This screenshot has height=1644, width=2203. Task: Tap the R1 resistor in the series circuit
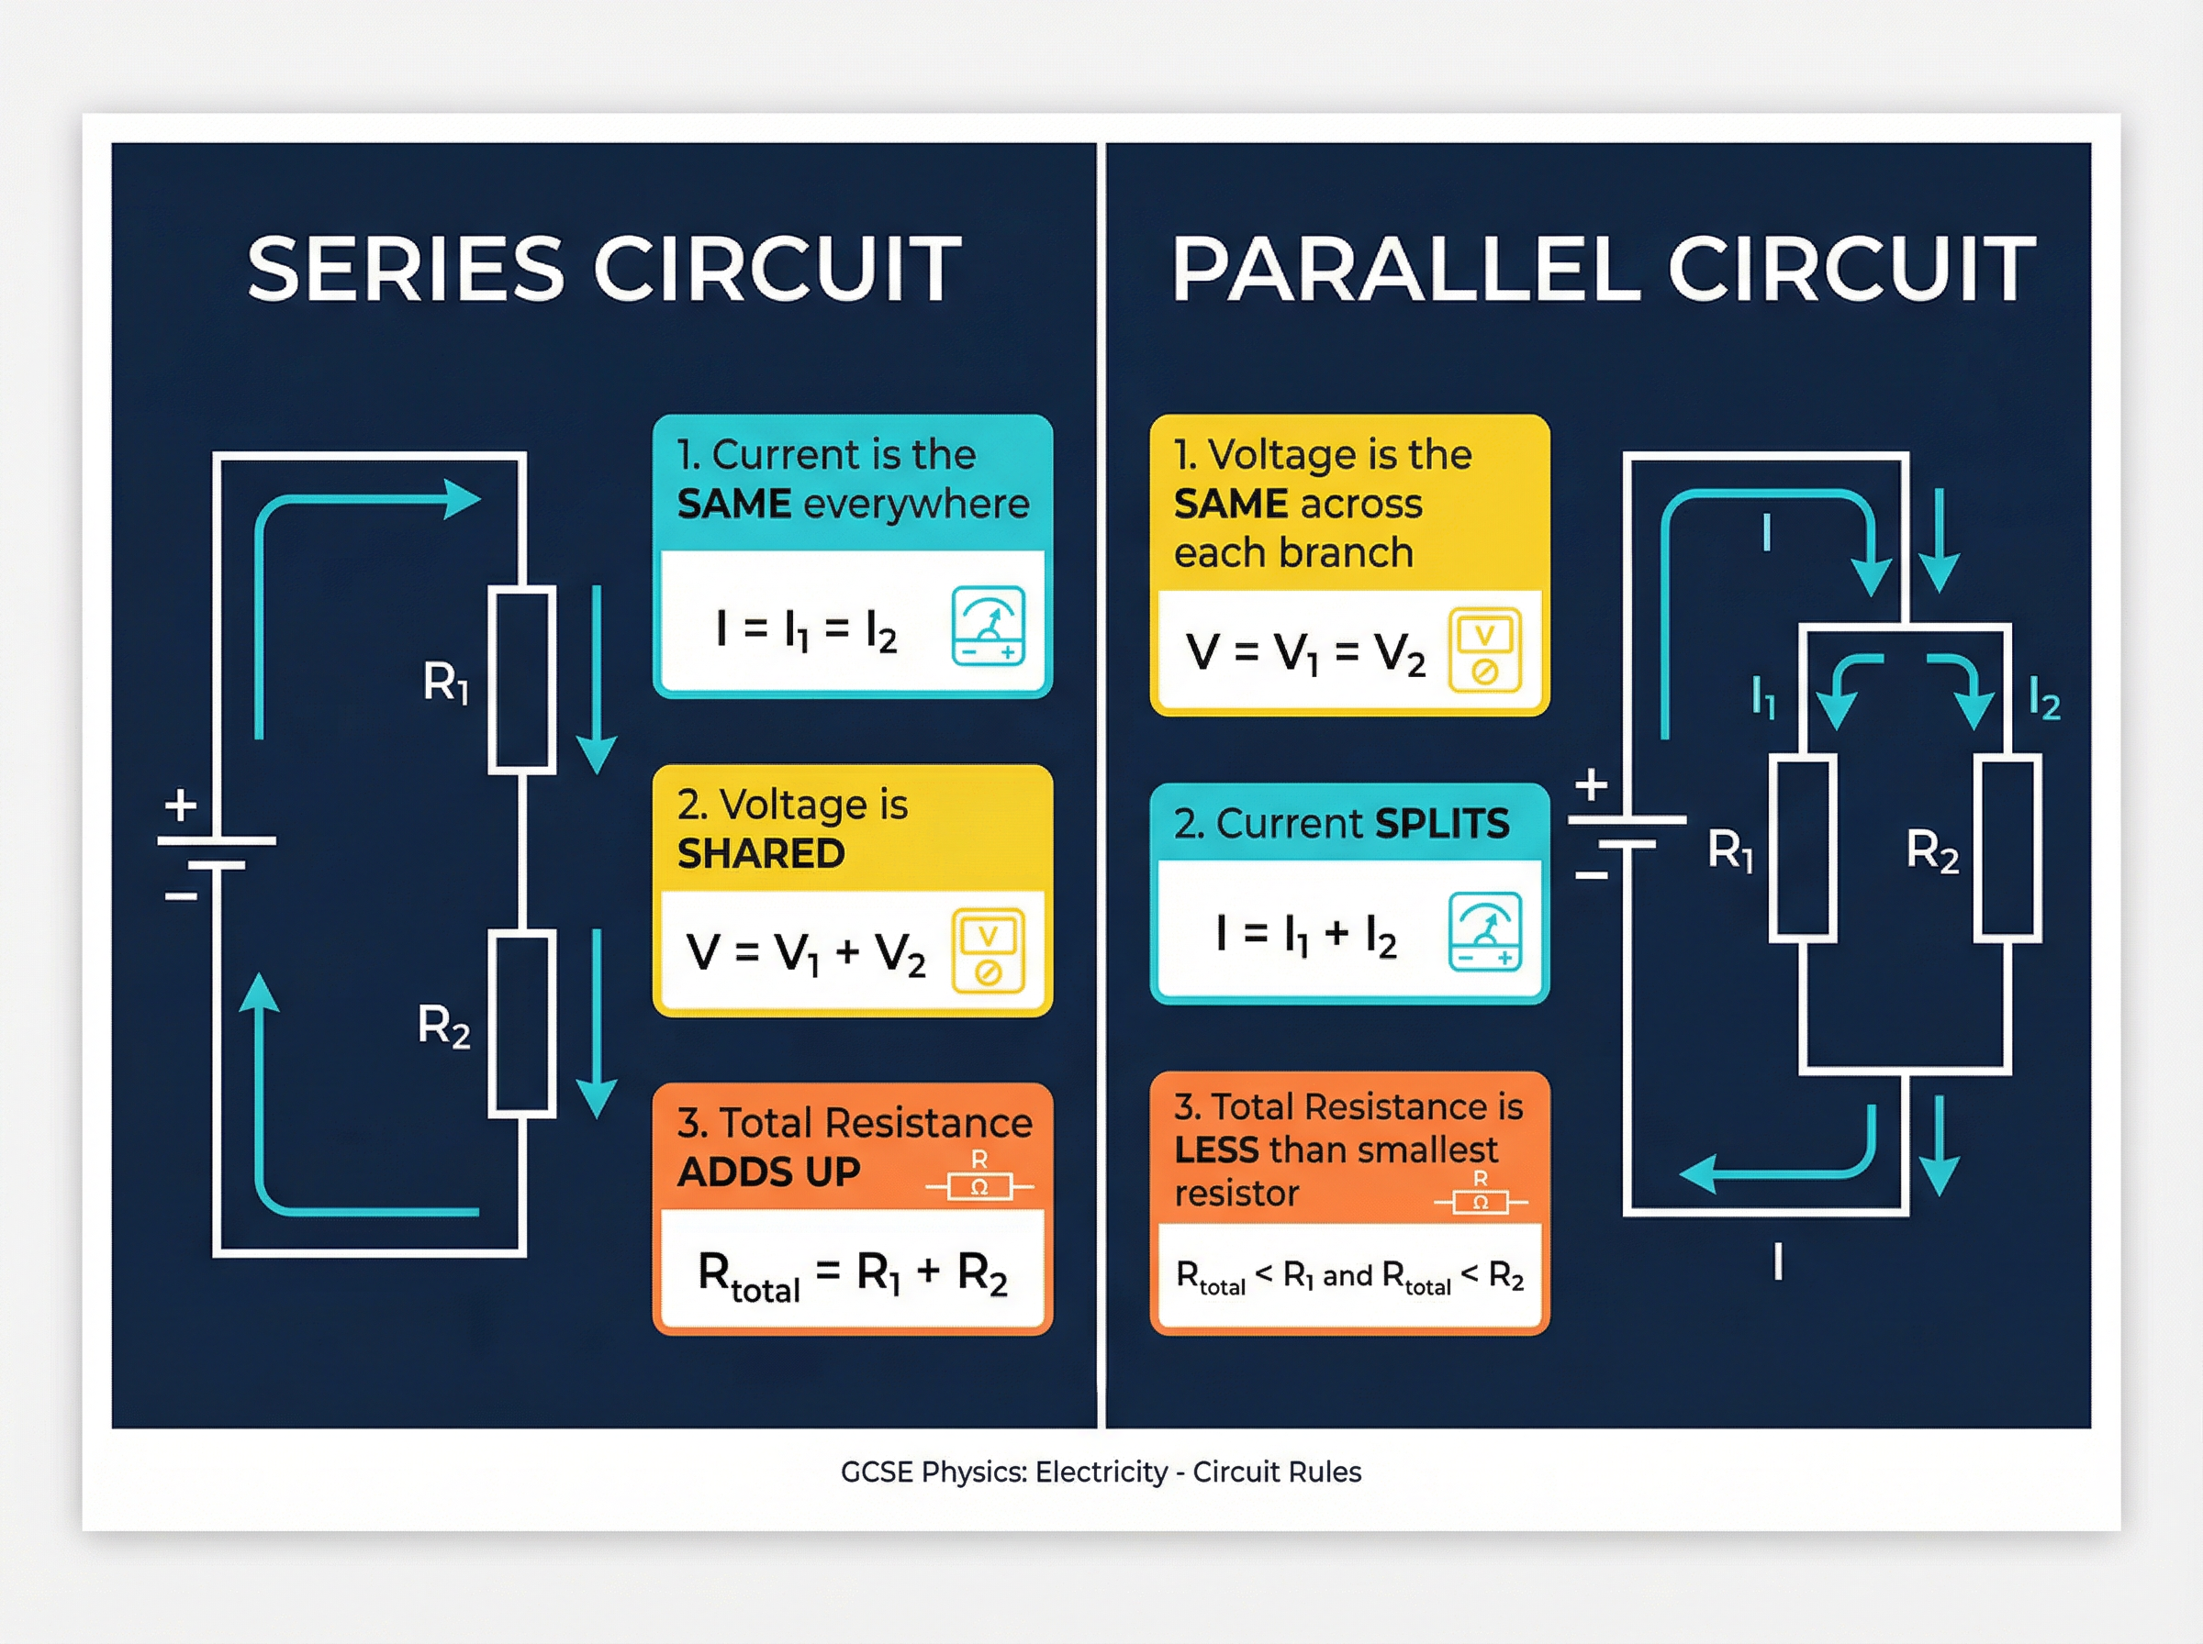[x=521, y=680]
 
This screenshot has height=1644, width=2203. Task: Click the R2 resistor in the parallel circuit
[x=2007, y=848]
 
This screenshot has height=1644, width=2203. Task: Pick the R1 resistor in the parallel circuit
[x=1803, y=848]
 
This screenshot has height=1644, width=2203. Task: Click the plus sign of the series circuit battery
[x=180, y=804]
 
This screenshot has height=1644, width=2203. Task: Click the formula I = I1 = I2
[x=806, y=630]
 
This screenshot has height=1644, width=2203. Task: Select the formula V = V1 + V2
[x=806, y=952]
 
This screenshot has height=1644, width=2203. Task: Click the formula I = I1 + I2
[x=1306, y=936]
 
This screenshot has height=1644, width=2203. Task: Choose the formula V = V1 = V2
[x=1306, y=654]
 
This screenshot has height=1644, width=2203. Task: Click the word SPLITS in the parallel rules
[x=1441, y=824]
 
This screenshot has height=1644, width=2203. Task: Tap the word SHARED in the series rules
[x=761, y=854]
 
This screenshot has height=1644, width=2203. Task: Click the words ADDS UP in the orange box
[x=768, y=1172]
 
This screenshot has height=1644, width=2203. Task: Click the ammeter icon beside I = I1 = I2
[x=988, y=626]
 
